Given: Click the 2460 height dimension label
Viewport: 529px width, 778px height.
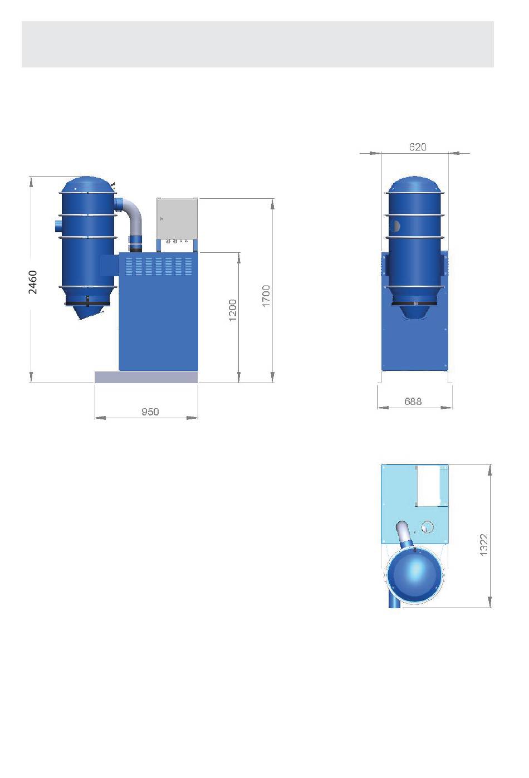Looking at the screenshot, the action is coord(33,282).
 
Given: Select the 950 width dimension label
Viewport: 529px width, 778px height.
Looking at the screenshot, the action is coord(150,412).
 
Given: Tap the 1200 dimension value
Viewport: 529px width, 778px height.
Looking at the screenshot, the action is coord(233,310).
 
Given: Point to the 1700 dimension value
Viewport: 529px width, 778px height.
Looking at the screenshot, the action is coord(266,296).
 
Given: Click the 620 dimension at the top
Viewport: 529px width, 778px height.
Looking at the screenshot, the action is coord(418,147).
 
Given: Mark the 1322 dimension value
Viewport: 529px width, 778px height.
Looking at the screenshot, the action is coord(484,545).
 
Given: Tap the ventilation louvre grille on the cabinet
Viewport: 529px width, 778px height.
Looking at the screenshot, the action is coord(158,266).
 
